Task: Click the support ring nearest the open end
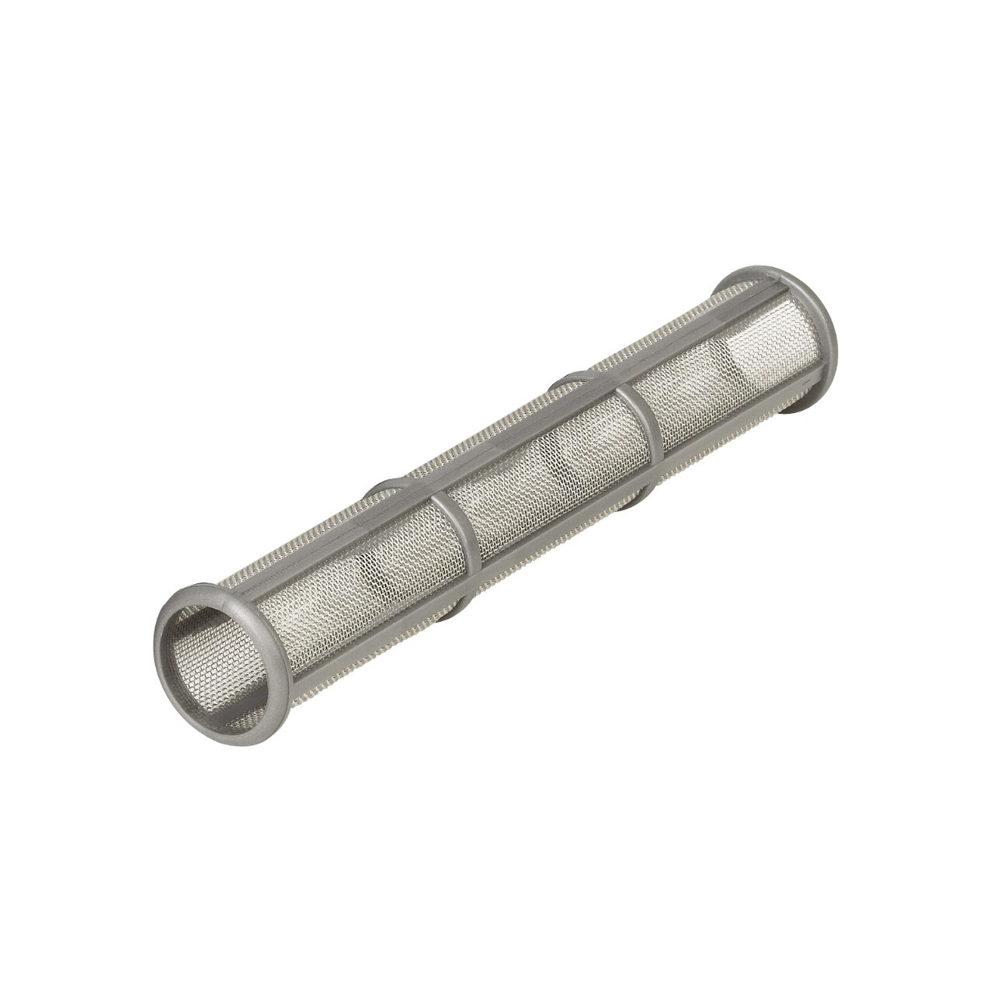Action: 459,544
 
